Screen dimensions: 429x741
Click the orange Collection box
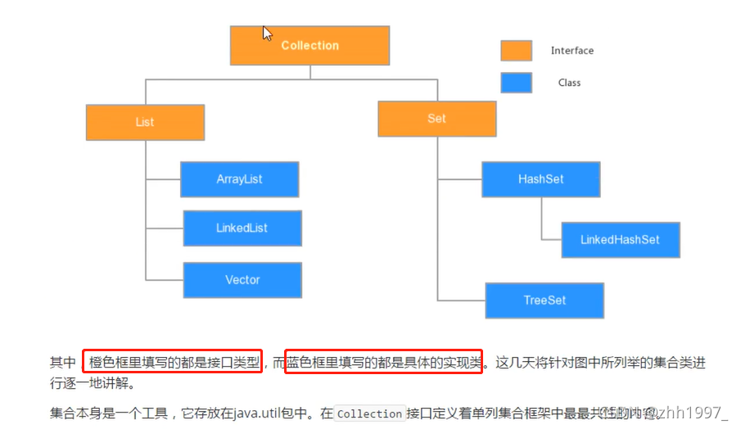point(310,46)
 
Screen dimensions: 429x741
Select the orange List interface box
point(145,122)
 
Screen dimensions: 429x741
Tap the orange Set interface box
point(436,119)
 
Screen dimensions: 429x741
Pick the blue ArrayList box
point(239,179)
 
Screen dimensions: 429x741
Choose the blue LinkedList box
point(242,228)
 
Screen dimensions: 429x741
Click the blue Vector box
point(242,280)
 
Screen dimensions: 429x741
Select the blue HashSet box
point(540,179)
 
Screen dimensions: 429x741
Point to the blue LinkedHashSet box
point(620,240)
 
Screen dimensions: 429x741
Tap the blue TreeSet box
point(544,300)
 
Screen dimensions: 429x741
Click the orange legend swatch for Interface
point(516,51)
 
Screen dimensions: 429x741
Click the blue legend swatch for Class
point(516,83)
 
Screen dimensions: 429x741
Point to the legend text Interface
point(572,51)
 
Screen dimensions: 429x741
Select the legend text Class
point(569,83)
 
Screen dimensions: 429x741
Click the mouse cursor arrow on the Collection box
point(267,33)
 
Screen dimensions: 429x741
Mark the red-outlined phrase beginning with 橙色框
point(173,362)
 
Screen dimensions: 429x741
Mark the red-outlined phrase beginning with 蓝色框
point(383,362)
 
